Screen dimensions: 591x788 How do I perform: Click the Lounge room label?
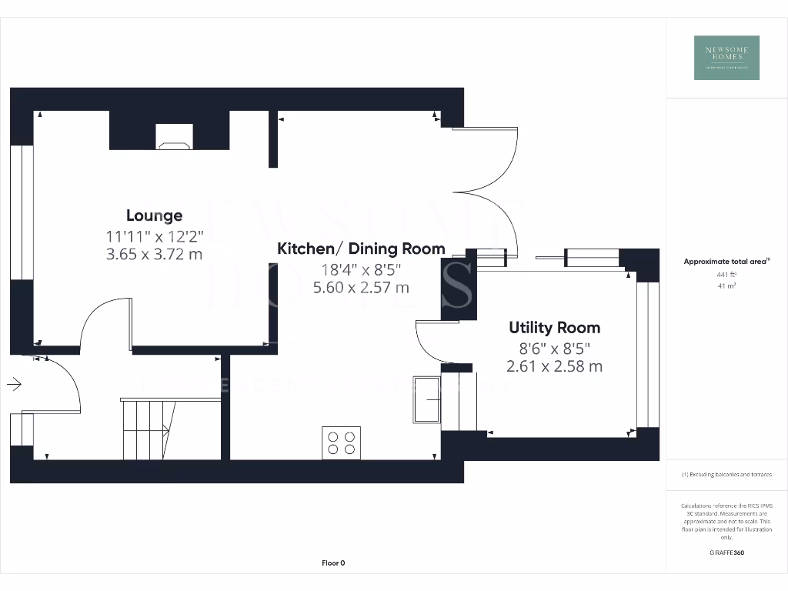click(x=154, y=215)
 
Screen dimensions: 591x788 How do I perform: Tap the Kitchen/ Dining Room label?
click(x=361, y=249)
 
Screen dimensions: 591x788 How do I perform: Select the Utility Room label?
click(x=554, y=327)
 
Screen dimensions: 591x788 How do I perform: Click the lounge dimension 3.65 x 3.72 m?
click(x=154, y=253)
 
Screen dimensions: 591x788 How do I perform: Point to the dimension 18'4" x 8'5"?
click(x=361, y=269)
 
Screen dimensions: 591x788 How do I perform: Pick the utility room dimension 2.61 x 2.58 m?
click(x=554, y=366)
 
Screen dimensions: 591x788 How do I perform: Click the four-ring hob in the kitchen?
click(x=342, y=442)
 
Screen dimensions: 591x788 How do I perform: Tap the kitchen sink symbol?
click(x=426, y=399)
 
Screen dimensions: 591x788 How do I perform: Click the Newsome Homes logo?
click(x=726, y=58)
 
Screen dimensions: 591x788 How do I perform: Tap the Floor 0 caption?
click(x=333, y=563)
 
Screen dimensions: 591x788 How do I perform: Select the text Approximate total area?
click(x=726, y=262)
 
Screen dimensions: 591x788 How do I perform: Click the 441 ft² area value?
click(x=726, y=274)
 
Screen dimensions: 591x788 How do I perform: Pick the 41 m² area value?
click(x=726, y=285)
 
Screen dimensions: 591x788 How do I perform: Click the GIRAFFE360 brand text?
click(x=726, y=553)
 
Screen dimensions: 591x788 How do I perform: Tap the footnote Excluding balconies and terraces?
click(x=726, y=475)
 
